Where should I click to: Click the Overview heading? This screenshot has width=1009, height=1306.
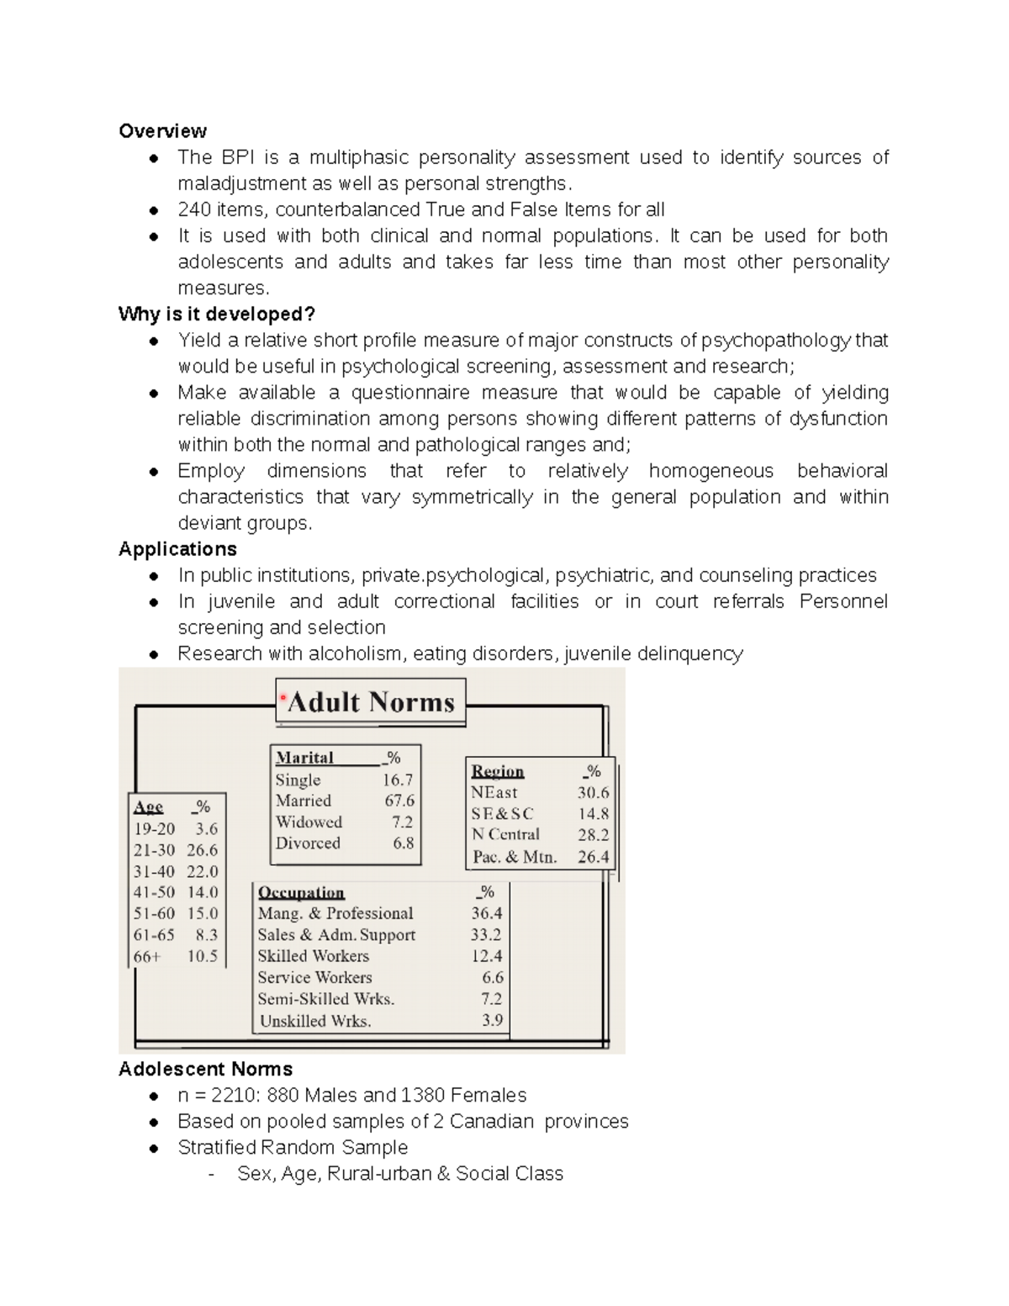point(162,131)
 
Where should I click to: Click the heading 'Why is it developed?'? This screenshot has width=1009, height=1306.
point(216,315)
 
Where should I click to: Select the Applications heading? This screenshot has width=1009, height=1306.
point(177,549)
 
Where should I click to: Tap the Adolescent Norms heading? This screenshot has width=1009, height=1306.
point(205,1069)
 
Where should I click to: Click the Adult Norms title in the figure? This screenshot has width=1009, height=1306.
point(371,702)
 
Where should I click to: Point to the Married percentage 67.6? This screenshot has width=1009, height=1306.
point(399,801)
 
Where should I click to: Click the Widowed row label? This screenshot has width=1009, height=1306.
point(309,822)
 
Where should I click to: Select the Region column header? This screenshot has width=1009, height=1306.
point(497,771)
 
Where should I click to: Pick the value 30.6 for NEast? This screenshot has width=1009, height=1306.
point(593,792)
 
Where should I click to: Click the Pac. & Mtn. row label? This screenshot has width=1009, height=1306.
point(514,857)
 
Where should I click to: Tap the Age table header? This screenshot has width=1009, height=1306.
point(148,807)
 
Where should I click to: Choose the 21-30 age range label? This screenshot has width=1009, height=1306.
point(154,850)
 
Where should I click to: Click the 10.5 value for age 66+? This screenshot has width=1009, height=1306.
point(202,956)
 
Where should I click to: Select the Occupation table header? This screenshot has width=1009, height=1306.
point(301,892)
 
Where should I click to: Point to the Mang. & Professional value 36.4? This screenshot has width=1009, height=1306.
point(486,913)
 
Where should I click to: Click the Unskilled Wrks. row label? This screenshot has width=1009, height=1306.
point(315,1021)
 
